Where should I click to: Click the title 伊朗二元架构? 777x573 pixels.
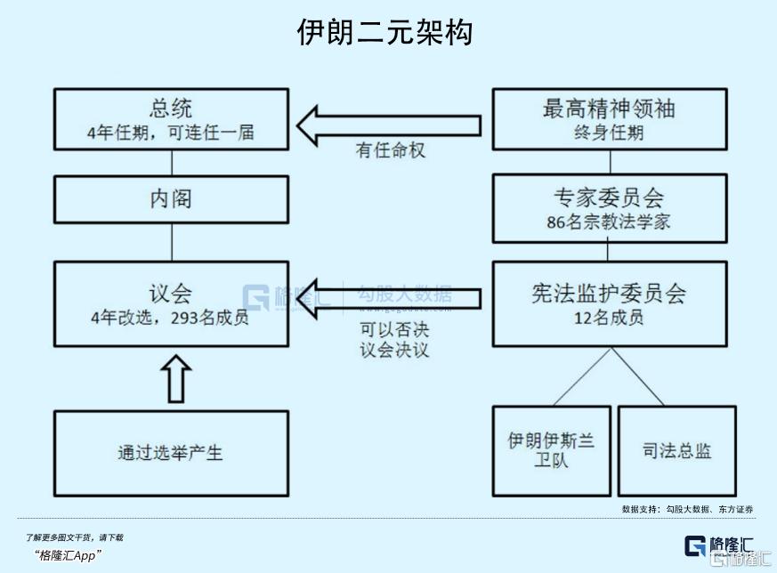click(x=384, y=34)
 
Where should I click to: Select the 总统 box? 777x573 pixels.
click(x=171, y=119)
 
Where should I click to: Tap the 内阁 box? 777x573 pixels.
click(x=171, y=198)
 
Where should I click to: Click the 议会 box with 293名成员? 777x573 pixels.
click(x=171, y=303)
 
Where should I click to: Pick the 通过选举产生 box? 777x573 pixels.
click(x=171, y=452)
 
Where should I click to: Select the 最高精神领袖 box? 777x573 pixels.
click(x=609, y=119)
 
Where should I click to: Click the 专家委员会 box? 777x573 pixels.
click(x=609, y=208)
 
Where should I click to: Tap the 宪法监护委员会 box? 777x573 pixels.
click(x=609, y=303)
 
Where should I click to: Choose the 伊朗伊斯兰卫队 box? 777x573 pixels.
click(x=550, y=451)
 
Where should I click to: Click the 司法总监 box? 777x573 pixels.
click(x=676, y=451)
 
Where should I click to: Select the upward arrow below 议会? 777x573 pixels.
click(x=178, y=379)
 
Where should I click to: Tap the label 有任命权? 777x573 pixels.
click(x=391, y=151)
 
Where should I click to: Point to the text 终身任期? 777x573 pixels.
click(x=609, y=133)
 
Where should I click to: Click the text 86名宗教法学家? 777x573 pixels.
click(x=609, y=222)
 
